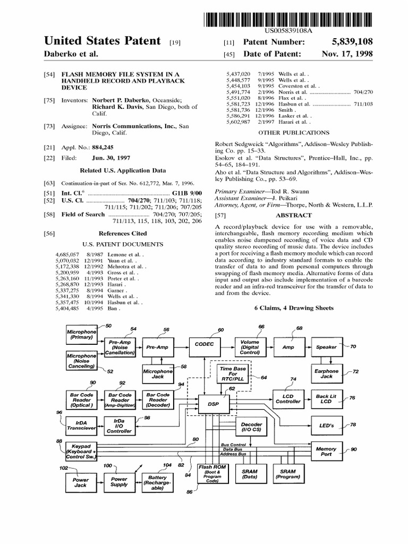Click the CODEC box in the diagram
tap(204, 346)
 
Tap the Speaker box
tap(326, 347)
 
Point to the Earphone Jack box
tap(326, 373)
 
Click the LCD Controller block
tap(287, 398)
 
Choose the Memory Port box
tap(326, 452)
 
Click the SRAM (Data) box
tap(250, 474)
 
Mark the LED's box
tap(326, 426)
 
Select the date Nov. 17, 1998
tap(347, 54)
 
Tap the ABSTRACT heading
tap(293, 215)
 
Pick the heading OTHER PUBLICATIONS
tap(293, 132)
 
